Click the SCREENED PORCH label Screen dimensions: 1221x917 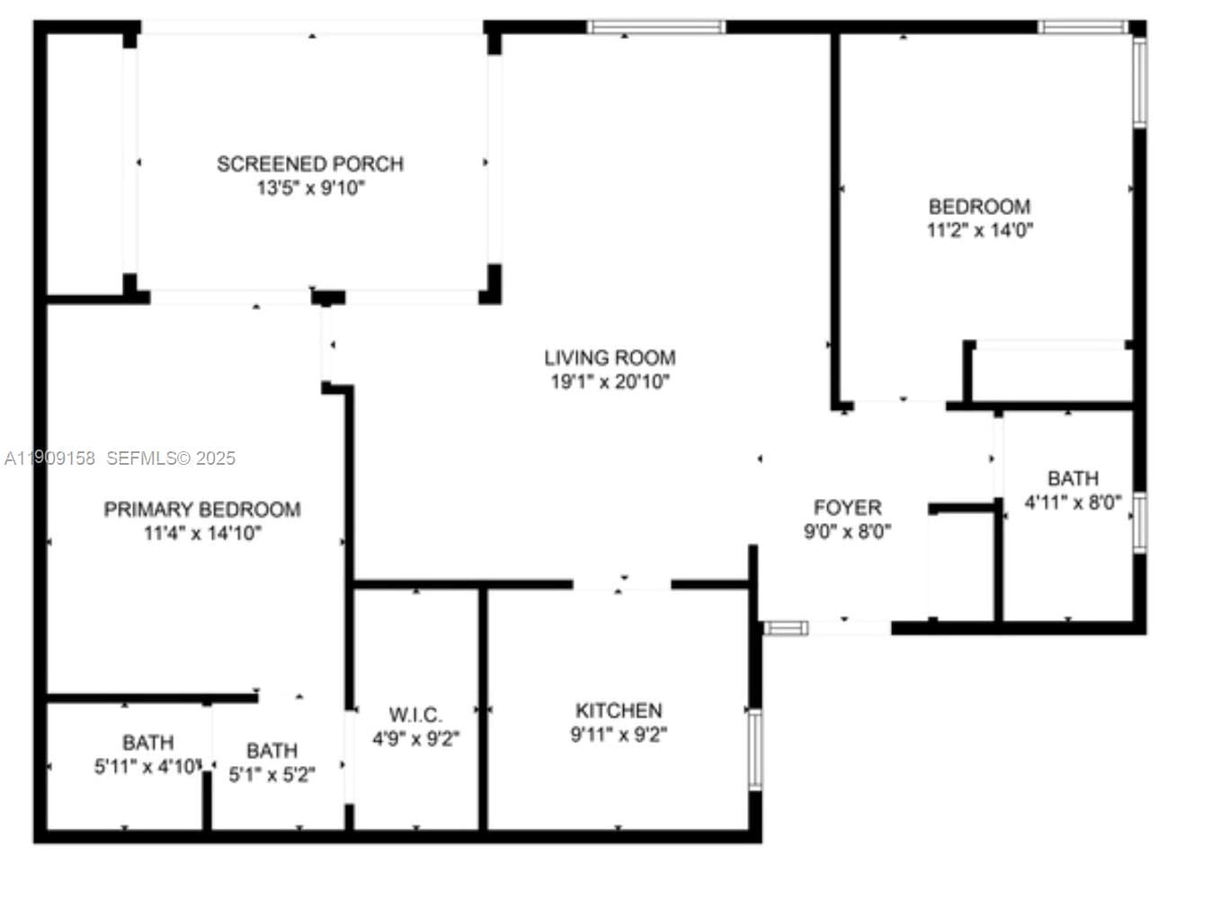tap(310, 164)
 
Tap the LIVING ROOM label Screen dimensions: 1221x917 tap(610, 358)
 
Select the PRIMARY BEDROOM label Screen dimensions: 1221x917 tap(202, 510)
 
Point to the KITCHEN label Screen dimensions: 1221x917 tap(619, 711)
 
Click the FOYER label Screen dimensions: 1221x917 tap(847, 508)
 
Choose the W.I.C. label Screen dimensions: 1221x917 tap(415, 715)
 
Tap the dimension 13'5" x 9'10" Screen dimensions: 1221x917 tap(310, 189)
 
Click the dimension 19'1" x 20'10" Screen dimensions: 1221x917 tap(610, 382)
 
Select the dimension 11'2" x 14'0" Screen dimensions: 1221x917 tap(979, 230)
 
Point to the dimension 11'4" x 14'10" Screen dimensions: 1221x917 tap(202, 534)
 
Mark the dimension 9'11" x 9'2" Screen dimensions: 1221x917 tap(619, 735)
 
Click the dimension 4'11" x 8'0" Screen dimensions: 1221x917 tap(1073, 503)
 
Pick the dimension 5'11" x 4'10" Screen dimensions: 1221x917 tap(148, 767)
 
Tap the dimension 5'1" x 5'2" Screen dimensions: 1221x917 tap(272, 775)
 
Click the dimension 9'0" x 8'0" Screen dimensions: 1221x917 tap(847, 532)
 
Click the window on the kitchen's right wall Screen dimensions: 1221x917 tap(755, 749)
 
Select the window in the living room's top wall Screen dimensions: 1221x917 tap(657, 27)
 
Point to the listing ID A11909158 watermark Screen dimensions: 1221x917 tap(50, 458)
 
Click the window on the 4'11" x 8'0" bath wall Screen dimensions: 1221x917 tap(1140, 522)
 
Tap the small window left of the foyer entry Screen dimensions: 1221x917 tap(785, 628)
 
